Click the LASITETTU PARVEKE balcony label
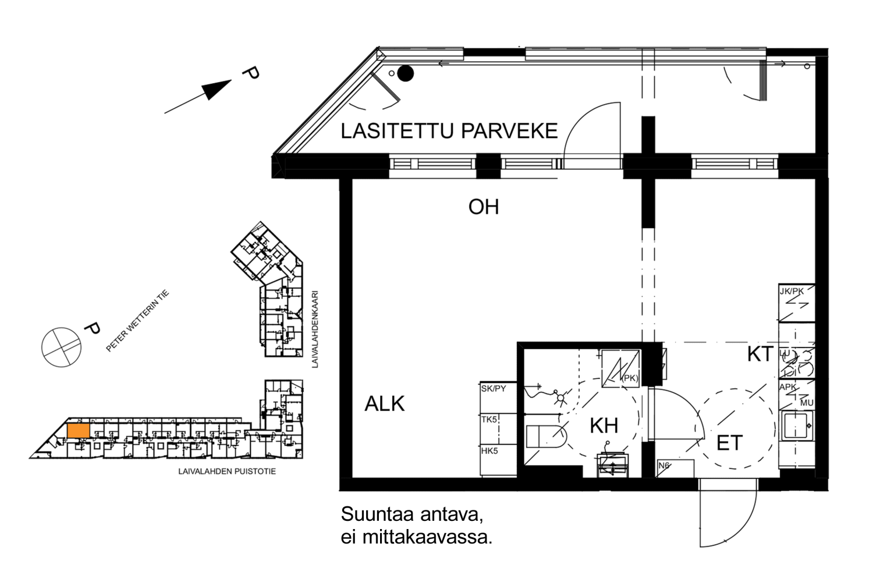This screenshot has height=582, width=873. pyautogui.click(x=449, y=131)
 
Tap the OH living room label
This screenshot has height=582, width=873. pyautogui.click(x=483, y=207)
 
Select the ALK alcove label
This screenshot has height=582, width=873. pyautogui.click(x=384, y=403)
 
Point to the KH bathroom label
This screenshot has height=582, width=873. pyautogui.click(x=604, y=425)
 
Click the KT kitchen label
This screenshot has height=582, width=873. pyautogui.click(x=760, y=354)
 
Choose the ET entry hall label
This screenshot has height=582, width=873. pyautogui.click(x=729, y=443)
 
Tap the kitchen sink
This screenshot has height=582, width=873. pyautogui.click(x=796, y=425)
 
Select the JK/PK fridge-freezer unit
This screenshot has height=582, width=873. pyautogui.click(x=796, y=303)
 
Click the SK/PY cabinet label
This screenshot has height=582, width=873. pyautogui.click(x=493, y=388)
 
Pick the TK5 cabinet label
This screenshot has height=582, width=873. pyautogui.click(x=489, y=419)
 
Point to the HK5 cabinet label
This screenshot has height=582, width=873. pyautogui.click(x=489, y=450)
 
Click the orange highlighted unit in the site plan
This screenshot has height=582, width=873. pyautogui.click(x=79, y=431)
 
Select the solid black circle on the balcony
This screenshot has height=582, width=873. pyautogui.click(x=406, y=73)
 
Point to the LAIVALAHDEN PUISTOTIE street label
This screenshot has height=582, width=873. pyautogui.click(x=227, y=471)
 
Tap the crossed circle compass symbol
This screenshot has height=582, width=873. pyautogui.click(x=61, y=347)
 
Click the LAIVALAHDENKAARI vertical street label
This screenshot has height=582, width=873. pyautogui.click(x=315, y=329)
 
